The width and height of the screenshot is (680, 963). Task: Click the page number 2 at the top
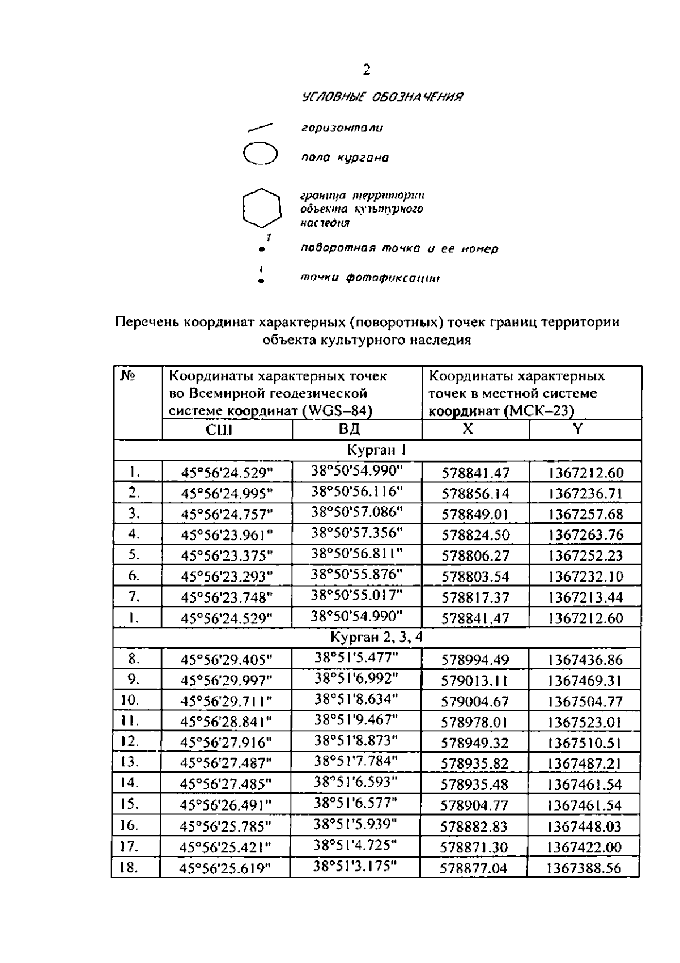coord(366,70)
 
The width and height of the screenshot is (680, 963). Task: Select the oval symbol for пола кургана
coord(259,154)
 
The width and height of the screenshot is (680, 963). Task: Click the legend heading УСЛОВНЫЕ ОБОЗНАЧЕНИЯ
coord(382,97)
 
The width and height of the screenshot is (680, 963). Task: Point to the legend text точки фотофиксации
coord(370,278)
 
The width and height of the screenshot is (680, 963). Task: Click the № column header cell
coord(138,402)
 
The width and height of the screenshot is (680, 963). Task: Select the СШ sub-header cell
coord(227,430)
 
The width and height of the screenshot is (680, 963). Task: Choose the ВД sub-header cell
coord(356,430)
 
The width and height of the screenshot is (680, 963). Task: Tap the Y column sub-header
coord(585,430)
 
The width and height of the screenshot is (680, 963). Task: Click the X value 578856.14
coord(475,494)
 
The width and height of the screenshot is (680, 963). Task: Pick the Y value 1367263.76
coord(585,535)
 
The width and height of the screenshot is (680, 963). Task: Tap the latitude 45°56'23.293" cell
coord(227,576)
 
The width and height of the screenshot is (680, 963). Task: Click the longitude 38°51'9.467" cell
coord(356,720)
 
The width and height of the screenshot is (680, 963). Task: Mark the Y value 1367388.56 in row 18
coord(584,868)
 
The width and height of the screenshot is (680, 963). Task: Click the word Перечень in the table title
coord(148,323)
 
